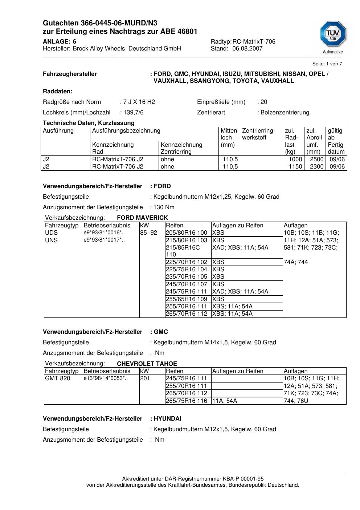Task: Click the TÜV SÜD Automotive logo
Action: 333,37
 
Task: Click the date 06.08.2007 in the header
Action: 247,49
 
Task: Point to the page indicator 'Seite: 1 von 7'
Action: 327,64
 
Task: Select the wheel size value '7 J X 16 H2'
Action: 139,102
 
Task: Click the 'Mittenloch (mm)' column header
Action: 229,137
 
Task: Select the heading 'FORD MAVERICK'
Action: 142,218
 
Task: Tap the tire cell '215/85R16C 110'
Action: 183,251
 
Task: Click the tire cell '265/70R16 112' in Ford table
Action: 187,314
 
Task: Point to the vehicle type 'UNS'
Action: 51,240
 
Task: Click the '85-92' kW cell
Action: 148,233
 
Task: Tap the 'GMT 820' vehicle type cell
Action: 57,379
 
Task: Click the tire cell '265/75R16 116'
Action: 187,401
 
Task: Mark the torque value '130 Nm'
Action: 164,207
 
